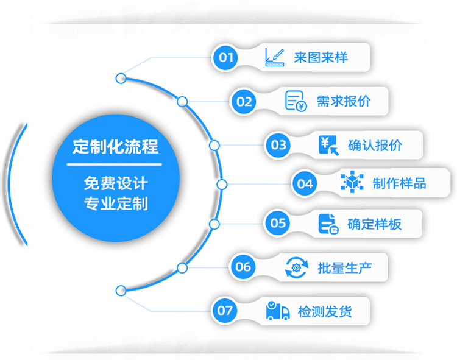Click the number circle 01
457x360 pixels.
pyautogui.click(x=226, y=58)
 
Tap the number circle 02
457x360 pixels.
pyautogui.click(x=244, y=101)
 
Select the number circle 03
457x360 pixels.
pyautogui.click(x=278, y=145)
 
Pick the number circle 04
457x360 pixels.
pyautogui.click(x=305, y=183)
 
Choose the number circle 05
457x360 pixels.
pyautogui.click(x=278, y=223)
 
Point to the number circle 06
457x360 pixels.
pyautogui.click(x=243, y=266)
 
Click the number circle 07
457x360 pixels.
pyautogui.click(x=225, y=311)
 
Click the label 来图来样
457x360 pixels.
pyautogui.click(x=321, y=58)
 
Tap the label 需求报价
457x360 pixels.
pyautogui.click(x=343, y=101)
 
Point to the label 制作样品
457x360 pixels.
pyautogui.click(x=399, y=183)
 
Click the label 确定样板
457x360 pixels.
pyautogui.click(x=374, y=224)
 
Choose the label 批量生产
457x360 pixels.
pyautogui.click(x=344, y=267)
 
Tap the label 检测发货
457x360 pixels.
pyautogui.click(x=325, y=312)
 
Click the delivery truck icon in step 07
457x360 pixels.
pyautogui.click(x=278, y=311)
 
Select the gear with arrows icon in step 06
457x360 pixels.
pyautogui.click(x=297, y=267)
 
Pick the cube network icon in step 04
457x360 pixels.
pyautogui.click(x=352, y=183)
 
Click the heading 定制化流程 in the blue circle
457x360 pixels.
pyautogui.click(x=115, y=147)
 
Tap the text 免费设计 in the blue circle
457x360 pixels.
pyautogui.click(x=116, y=182)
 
